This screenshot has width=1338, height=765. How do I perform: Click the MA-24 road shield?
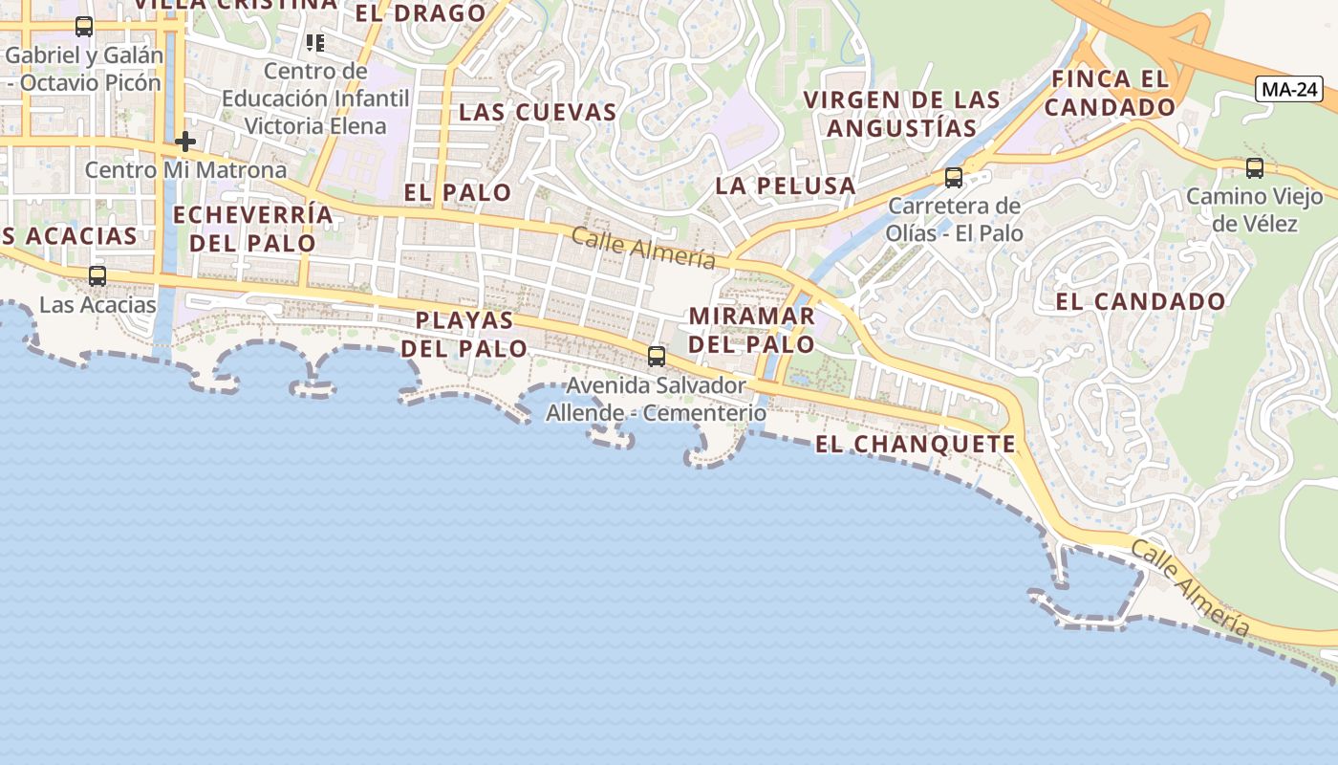(1289, 90)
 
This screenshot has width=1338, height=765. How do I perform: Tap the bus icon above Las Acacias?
(97, 276)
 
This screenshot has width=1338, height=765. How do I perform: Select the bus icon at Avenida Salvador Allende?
(656, 357)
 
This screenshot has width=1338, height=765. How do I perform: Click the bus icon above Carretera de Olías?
(953, 177)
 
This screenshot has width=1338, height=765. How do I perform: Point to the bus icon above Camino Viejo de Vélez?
(1254, 168)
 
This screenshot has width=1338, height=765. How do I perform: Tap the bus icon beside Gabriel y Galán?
(84, 27)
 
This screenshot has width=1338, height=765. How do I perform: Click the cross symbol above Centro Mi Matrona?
(185, 142)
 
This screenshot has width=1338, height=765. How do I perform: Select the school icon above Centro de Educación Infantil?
(314, 42)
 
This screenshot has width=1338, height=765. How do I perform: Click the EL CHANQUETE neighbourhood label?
(916, 445)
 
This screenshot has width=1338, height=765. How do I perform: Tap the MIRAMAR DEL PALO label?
(752, 330)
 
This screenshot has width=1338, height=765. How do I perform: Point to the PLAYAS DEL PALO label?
(464, 334)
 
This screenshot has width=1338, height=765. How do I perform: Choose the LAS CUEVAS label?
(538, 112)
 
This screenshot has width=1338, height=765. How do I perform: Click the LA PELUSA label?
(786, 186)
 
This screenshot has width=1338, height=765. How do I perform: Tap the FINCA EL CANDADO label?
(1110, 93)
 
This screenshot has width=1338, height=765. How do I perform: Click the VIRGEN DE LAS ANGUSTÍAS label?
(902, 114)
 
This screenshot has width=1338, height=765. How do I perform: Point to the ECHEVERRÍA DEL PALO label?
(253, 229)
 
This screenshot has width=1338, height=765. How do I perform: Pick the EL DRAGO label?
(421, 13)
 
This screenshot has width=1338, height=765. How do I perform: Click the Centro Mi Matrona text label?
(185, 170)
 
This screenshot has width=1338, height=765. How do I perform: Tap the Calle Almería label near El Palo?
(643, 248)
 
